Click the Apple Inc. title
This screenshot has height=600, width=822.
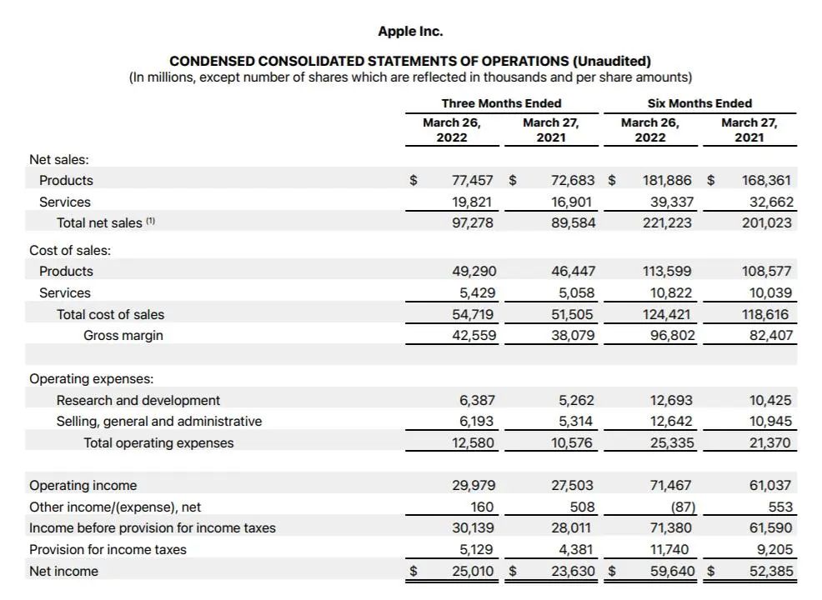pos(410,32)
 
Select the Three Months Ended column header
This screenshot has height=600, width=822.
pos(501,103)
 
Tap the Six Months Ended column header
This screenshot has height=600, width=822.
pos(699,103)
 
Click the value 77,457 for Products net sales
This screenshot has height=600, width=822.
pos(473,180)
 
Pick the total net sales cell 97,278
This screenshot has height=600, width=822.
pos(473,223)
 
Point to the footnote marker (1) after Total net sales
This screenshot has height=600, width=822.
pos(151,222)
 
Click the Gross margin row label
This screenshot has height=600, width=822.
pos(123,336)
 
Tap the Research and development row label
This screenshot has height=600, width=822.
pos(138,400)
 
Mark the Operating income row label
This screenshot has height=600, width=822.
pos(83,485)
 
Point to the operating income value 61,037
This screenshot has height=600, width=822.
pos(771,485)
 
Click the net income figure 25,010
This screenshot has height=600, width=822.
pos(473,572)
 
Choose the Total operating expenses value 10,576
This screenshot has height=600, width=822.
pos(573,443)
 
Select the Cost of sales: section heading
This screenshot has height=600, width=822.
pos(70,250)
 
